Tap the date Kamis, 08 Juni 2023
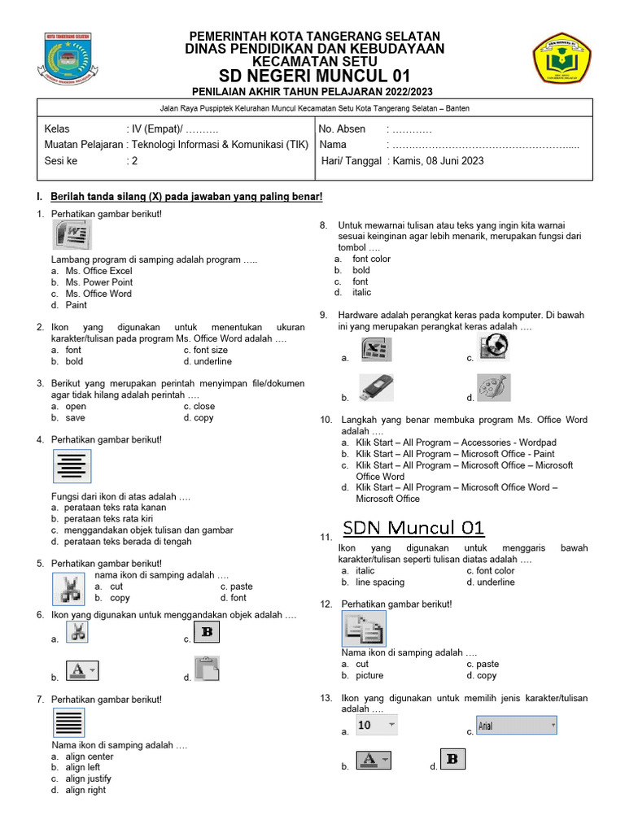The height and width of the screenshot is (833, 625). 438,161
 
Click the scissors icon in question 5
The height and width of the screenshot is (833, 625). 71,588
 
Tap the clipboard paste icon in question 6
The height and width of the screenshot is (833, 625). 207,669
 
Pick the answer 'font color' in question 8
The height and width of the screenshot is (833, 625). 371,259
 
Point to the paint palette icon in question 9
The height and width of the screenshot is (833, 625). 494,387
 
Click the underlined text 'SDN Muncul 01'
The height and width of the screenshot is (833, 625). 413,528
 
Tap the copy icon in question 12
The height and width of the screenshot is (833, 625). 363,628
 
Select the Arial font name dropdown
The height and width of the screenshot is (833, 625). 516,725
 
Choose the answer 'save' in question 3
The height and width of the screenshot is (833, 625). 75,417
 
